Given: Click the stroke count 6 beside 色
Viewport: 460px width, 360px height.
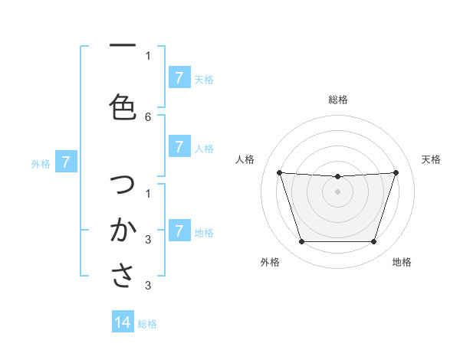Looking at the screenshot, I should point(148,116).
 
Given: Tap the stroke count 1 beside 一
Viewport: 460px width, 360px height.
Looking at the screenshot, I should point(148,55).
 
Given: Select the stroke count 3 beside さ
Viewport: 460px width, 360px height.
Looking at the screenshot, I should point(148,286).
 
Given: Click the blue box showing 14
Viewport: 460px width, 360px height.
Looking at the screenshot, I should point(123,322).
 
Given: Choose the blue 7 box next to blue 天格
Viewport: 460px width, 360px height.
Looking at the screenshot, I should point(179,78).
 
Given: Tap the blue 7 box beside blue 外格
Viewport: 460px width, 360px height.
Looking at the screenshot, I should point(66,162).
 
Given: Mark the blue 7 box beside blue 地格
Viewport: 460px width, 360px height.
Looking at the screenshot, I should point(179,231).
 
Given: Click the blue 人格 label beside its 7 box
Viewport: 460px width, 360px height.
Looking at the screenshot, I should point(204,148).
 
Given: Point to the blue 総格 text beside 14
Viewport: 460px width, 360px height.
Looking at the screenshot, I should point(147,324).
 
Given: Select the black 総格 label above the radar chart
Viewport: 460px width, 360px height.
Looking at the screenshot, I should point(337,100).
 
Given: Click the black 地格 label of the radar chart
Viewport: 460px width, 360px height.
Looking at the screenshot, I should point(402,262).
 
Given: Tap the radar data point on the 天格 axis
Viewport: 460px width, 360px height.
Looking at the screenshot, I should point(396,172).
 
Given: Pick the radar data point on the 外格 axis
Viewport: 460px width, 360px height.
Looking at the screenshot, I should point(301,242).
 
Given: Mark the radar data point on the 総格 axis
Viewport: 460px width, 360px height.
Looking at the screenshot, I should point(337,177).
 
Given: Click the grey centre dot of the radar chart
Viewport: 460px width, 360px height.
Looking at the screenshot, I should point(337,191).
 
